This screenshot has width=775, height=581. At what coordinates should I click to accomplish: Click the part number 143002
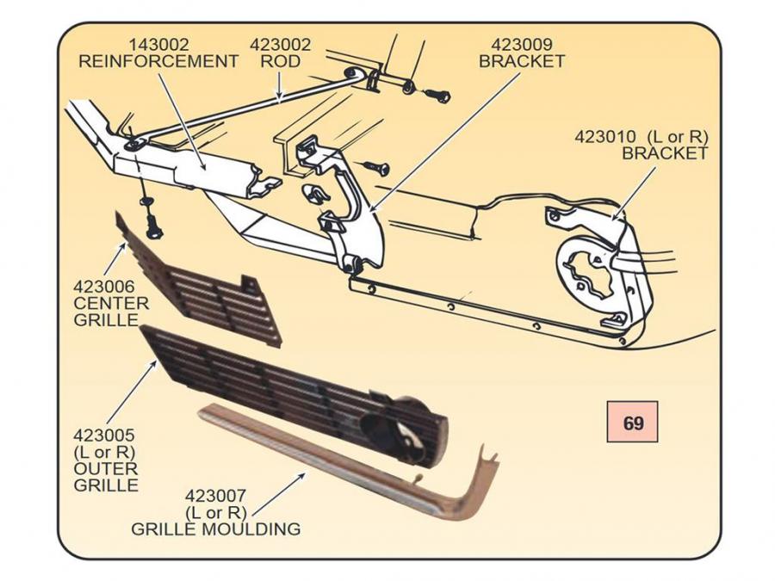tap(159, 44)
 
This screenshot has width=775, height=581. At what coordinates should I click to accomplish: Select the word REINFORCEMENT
tap(158, 61)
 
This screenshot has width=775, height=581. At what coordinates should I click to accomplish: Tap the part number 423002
tap(281, 44)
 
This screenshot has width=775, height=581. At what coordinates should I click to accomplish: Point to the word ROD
tap(281, 61)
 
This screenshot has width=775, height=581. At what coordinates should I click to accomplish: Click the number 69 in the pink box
tap(633, 423)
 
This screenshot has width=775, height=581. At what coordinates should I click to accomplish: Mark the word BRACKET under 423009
tap(522, 61)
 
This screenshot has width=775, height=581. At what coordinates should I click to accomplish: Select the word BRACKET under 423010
tap(664, 153)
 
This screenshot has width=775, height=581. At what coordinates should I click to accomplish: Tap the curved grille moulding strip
tap(344, 465)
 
